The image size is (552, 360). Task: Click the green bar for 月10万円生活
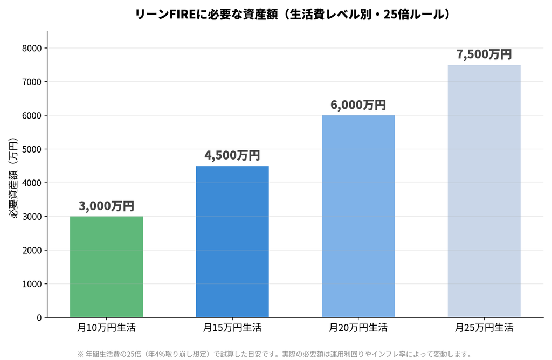tap(106, 267)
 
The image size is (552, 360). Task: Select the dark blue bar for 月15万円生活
tap(232, 241)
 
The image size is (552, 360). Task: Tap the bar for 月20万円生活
tap(358, 216)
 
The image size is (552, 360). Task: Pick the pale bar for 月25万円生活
tap(484, 191)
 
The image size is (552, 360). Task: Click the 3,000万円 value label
tap(106, 206)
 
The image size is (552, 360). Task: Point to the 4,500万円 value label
tap(232, 155)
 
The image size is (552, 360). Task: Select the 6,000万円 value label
tap(358, 105)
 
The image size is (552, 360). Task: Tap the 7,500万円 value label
tap(484, 54)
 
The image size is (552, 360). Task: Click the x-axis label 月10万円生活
tap(106, 328)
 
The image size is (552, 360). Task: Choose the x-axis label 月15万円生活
tap(232, 328)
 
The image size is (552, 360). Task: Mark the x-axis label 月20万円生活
tap(358, 328)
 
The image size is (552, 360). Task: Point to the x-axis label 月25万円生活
tap(484, 328)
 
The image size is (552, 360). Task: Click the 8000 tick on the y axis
tap(32, 48)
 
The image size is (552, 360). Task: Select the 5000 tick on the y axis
tap(32, 149)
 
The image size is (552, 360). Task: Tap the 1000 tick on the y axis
tap(32, 284)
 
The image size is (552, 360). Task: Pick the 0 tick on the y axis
tap(39, 318)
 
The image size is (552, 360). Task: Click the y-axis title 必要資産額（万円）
tap(13, 178)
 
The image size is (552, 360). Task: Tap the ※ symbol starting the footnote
tap(80, 354)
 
